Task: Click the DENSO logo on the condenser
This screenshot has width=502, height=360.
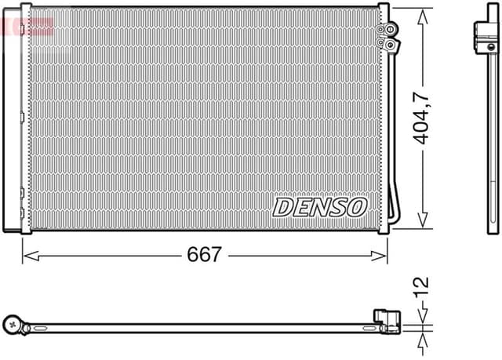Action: pyautogui.click(x=320, y=206)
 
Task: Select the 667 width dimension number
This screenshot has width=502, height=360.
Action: pyautogui.click(x=204, y=255)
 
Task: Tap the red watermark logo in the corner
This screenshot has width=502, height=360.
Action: pyautogui.click(x=27, y=24)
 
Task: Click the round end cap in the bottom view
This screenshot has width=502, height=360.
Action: pyautogui.click(x=13, y=322)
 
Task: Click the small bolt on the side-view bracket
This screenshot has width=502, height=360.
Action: pyautogui.click(x=491, y=31)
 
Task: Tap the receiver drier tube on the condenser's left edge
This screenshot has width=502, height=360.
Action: pyautogui.click(x=15, y=118)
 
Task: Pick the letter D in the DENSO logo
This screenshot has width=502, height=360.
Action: pyautogui.click(x=283, y=206)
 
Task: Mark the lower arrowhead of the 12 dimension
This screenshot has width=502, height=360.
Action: pyautogui.click(x=421, y=336)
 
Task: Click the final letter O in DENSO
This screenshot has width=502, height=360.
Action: pyautogui.click(x=357, y=206)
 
